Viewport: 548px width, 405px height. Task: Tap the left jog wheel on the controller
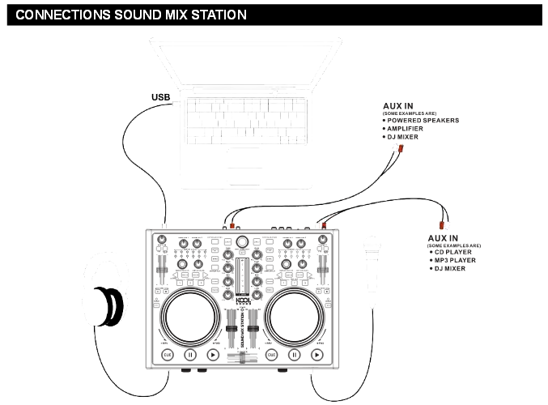[x=190, y=316]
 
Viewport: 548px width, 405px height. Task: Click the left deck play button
[x=212, y=355]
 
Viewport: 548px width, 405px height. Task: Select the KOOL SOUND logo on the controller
[x=242, y=301]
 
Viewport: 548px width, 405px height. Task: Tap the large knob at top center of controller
[x=242, y=241]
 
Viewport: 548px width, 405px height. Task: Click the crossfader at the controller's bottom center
[x=242, y=357]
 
